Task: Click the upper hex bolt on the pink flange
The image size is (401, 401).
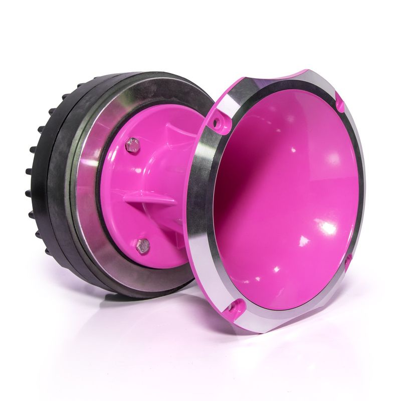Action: coord(133,145)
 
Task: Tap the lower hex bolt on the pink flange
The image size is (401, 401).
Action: coord(143,245)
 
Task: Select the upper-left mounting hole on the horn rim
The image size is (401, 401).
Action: coord(218,121)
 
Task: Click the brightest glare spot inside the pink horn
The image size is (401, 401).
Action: coord(328,228)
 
